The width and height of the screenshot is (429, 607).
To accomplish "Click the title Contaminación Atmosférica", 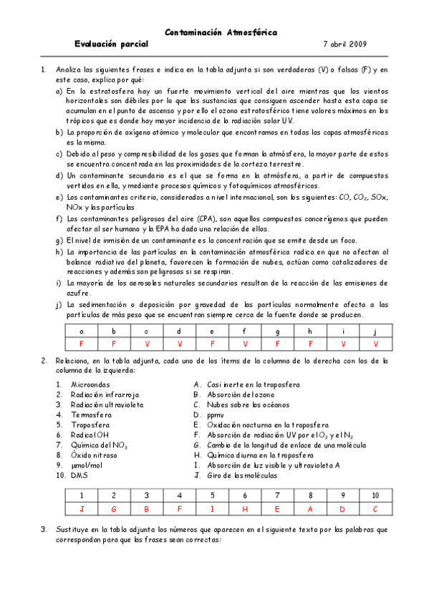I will pos(221,32).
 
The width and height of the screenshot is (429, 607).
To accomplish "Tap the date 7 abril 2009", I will pos(345,44).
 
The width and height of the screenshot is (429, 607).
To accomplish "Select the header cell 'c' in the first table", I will pos(147,331).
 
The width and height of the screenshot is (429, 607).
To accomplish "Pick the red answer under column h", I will pos(309,344).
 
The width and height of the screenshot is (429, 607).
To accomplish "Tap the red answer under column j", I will pos(375,344).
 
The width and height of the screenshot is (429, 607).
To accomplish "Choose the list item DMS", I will pos(79,475).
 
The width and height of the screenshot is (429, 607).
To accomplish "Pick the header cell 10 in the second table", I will pos(375,495).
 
